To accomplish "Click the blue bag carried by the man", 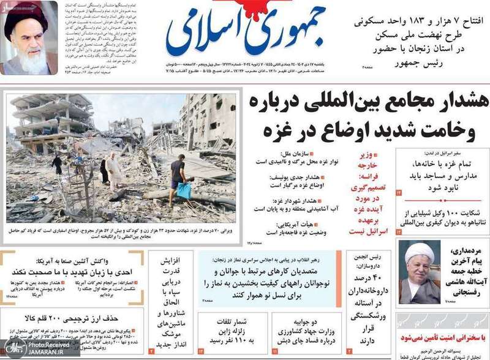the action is (x=184, y=190).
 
